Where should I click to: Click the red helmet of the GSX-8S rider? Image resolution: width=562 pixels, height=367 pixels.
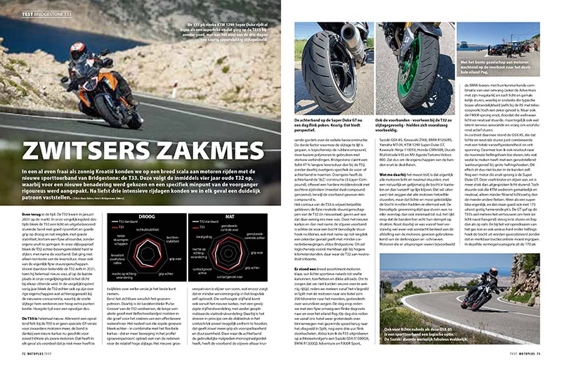coord(494,271)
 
